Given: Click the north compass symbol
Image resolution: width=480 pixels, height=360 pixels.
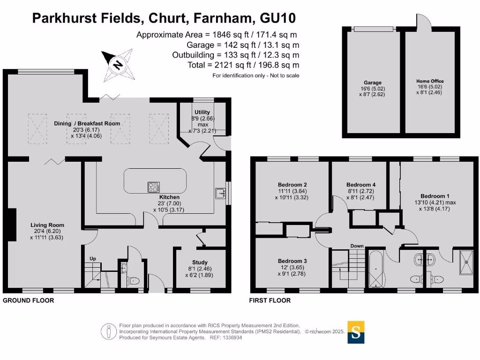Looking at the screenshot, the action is pyautogui.click(x=118, y=65).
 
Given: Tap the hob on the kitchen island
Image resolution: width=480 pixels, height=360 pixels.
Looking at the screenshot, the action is pyautogui.click(x=154, y=187).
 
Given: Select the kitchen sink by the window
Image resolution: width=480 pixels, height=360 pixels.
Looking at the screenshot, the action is pyautogui.click(x=220, y=193).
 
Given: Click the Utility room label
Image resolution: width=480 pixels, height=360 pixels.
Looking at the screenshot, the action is pyautogui.click(x=202, y=112).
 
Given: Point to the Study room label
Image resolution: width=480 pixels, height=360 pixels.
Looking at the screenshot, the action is pyautogui.click(x=200, y=262).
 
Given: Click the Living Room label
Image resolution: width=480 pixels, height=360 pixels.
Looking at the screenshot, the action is pyautogui.click(x=47, y=225).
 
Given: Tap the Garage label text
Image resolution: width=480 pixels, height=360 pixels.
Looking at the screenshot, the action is pyautogui.click(x=373, y=82).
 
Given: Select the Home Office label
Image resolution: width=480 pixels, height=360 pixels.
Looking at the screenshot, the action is pyautogui.click(x=430, y=81).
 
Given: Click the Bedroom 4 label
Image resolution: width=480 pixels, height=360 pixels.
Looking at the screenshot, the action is pyautogui.click(x=361, y=185).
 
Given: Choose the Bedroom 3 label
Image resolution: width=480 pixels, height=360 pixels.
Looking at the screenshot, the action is pyautogui.click(x=292, y=261).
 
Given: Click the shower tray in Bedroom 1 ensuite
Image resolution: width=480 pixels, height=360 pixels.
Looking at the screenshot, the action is pyautogui.click(x=466, y=262).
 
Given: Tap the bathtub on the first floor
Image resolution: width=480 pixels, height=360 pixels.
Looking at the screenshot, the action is pyautogui.click(x=375, y=270).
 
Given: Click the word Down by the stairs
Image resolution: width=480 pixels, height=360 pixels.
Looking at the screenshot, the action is pyautogui.click(x=357, y=246).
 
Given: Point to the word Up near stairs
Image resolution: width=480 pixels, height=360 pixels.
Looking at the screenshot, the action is pyautogui.click(x=93, y=259).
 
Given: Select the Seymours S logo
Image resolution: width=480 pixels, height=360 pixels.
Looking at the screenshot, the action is pyautogui.click(x=356, y=332).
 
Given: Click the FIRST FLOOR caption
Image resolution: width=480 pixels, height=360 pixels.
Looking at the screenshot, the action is pyautogui.click(x=270, y=300).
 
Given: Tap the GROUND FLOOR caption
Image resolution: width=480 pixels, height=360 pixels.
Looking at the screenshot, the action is pyautogui.click(x=29, y=300).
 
